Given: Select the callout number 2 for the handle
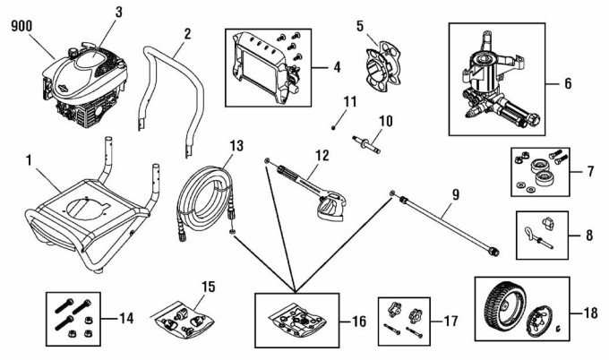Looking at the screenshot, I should click(187, 33).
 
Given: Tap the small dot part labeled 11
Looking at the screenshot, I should click(333, 127).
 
